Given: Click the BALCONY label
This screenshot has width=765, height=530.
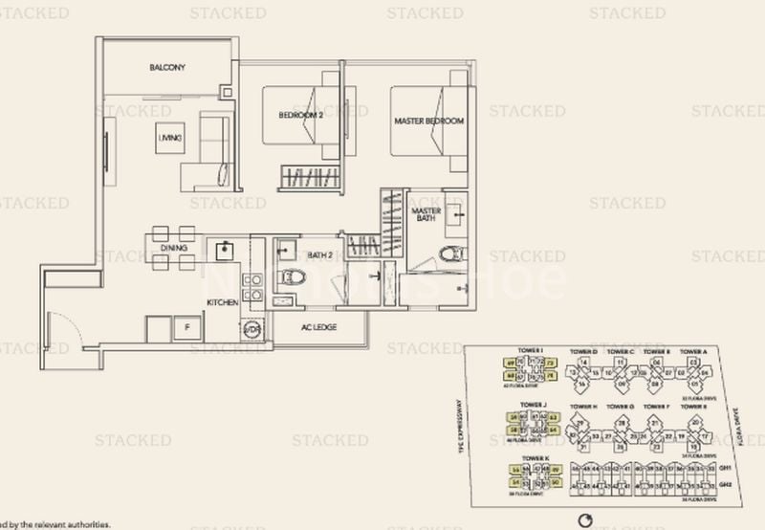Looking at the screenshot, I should pos(167,68).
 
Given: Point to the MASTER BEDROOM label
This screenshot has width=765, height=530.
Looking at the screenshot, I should pos(429,121).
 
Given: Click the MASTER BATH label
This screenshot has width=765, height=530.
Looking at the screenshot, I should pos(425,215).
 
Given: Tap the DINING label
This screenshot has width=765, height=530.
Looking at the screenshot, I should pos(173,248).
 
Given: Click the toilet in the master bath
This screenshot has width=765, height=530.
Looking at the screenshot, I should pos(450,255).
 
